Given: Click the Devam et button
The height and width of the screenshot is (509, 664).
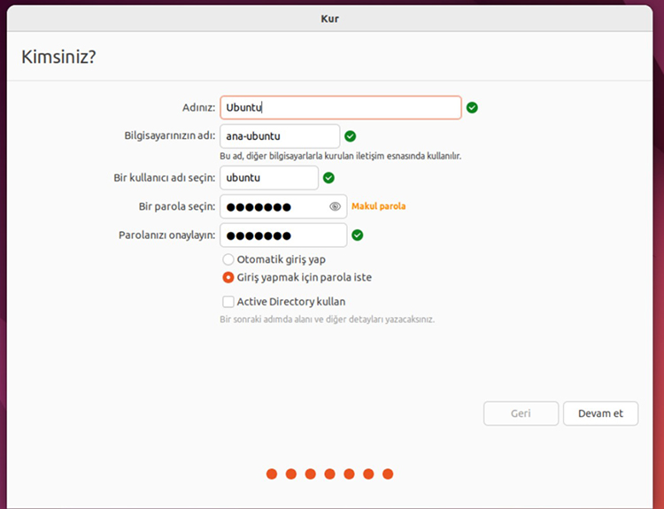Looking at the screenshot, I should click(x=600, y=413).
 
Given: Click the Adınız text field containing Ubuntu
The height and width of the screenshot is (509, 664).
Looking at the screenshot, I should click(x=340, y=108).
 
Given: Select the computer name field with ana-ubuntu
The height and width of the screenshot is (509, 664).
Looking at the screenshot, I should click(x=280, y=136).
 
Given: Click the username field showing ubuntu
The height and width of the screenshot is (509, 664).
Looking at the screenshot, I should click(x=268, y=178).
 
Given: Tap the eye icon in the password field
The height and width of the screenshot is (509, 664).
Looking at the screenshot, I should click(x=335, y=206).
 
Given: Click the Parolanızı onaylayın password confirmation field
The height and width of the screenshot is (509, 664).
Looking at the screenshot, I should click(x=282, y=235).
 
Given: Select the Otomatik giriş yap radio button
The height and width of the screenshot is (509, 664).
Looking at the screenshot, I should click(x=228, y=260).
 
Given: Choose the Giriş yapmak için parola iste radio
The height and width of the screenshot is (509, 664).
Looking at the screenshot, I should click(x=228, y=277).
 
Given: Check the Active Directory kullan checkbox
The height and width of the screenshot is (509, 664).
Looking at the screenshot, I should click(x=228, y=302).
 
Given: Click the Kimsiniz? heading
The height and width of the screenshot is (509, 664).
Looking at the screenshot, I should click(x=58, y=58).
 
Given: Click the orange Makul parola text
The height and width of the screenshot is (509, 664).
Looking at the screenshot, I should click(x=379, y=206).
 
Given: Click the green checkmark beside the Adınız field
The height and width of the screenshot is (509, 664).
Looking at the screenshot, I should click(x=472, y=108).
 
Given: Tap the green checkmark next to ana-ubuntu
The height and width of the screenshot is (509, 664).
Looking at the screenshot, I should click(x=351, y=136).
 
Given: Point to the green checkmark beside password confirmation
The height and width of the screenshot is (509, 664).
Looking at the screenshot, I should click(x=358, y=235).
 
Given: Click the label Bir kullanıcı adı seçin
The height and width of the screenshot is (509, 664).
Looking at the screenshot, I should click(x=165, y=178).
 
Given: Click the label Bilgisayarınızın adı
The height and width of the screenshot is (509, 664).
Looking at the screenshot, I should click(x=170, y=136).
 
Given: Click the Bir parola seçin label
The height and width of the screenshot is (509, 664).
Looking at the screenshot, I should click(x=177, y=206).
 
